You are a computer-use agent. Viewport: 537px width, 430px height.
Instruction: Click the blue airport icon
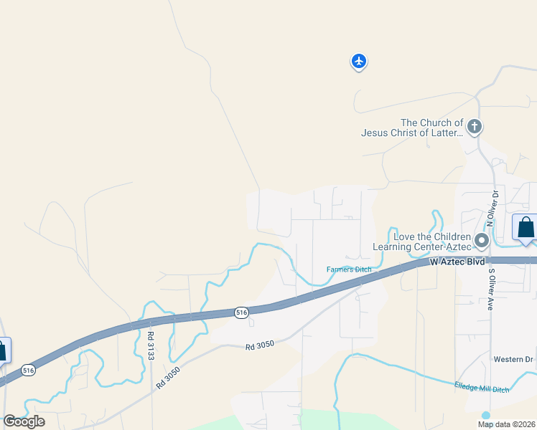click(x=359, y=62)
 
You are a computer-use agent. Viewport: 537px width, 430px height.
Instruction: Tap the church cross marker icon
click(x=474, y=128)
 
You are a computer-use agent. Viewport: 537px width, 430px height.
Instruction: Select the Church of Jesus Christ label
click(x=412, y=128)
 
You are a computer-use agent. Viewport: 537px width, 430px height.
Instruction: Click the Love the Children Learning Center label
click(x=422, y=242)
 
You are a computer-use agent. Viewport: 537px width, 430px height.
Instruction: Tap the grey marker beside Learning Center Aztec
click(x=482, y=240)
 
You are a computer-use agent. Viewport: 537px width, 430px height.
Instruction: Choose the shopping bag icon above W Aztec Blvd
click(x=526, y=228)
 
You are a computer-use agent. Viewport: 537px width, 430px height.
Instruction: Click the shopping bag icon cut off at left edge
click(x=3, y=350)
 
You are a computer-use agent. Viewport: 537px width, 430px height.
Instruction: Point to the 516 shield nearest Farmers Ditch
click(x=241, y=312)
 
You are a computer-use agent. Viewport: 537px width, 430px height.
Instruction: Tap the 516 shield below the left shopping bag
click(x=28, y=370)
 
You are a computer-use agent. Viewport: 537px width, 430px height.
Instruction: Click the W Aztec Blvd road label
click(x=458, y=263)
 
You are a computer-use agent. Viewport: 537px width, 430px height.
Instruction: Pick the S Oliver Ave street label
click(x=492, y=289)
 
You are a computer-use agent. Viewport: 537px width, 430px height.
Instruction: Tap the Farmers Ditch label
click(x=349, y=269)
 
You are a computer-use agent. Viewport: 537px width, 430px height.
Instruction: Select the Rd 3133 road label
click(x=151, y=345)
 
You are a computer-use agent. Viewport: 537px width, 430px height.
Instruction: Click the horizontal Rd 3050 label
click(x=259, y=346)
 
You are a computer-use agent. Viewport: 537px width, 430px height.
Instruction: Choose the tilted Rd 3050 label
click(x=166, y=377)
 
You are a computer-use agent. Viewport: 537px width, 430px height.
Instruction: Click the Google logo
click(x=24, y=421)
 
